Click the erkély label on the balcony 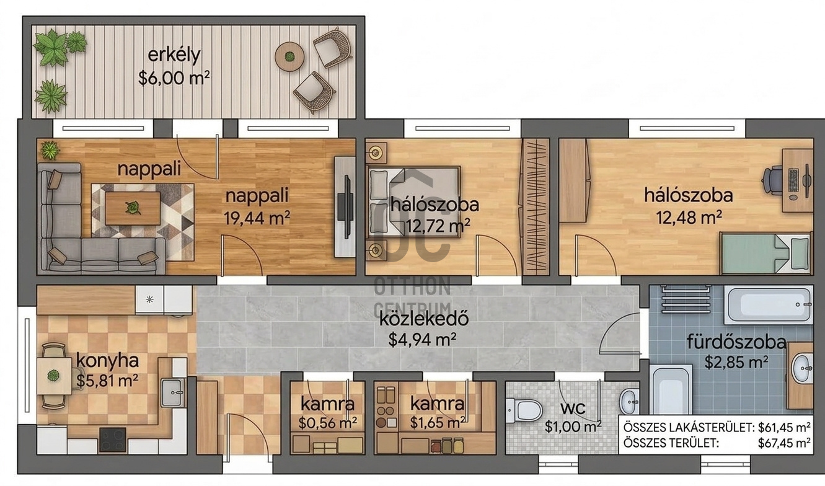click(x=174, y=55)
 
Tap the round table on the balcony click(x=289, y=57)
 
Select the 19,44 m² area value click(x=257, y=218)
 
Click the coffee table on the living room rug click(x=133, y=208)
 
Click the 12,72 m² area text click(x=438, y=226)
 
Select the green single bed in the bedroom click(x=765, y=254)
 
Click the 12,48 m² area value click(x=689, y=218)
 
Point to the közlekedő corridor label click(x=424, y=319)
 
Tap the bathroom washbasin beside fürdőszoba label click(x=802, y=368)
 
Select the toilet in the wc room click(x=524, y=410)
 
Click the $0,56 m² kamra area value click(x=327, y=423)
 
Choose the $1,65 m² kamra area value click(x=438, y=422)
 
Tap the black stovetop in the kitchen click(x=113, y=440)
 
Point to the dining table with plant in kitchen click(x=54, y=376)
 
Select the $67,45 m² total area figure click(x=784, y=443)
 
